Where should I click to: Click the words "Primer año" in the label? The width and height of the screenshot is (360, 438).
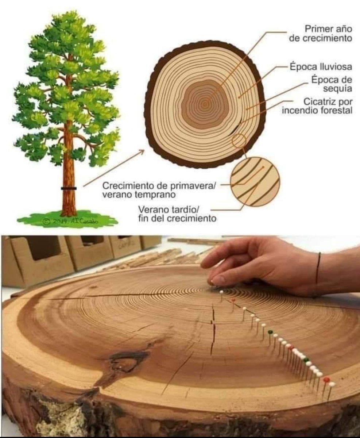pos(328,29)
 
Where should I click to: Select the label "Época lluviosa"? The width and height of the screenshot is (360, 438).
pos(321,67)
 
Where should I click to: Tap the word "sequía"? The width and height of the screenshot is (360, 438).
pos(338,89)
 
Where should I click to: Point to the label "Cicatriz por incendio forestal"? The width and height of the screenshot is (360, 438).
pos(317,106)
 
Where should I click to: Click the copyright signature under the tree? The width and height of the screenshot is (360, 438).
pos(70,222)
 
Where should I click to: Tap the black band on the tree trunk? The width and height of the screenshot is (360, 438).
pos(69,188)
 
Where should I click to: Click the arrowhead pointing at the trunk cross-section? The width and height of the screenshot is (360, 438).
pos(142,152)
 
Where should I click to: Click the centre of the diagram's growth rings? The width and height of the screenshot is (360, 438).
pos(205,104)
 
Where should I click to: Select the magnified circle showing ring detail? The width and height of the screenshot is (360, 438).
pos(255,181)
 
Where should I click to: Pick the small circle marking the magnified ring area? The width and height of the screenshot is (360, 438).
pos(239,141)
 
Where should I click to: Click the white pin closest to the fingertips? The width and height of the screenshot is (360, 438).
pos(221,292)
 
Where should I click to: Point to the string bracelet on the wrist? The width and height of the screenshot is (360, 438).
pos(318,268)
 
